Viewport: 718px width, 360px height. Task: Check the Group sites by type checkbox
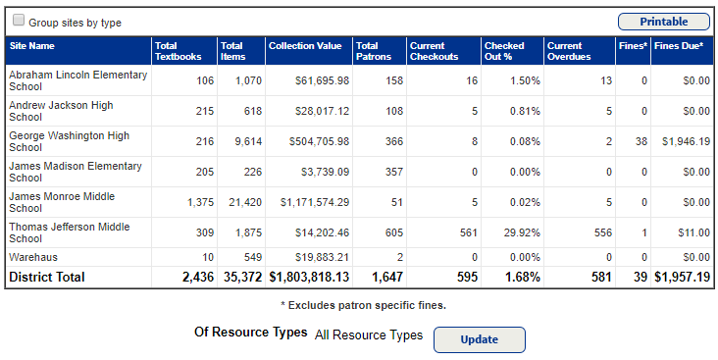tap(19, 21)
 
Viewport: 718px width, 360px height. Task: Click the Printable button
tap(663, 22)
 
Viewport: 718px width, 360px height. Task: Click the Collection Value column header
tap(305, 46)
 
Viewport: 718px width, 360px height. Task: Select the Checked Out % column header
tap(504, 51)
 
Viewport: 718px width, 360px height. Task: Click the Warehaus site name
tap(32, 257)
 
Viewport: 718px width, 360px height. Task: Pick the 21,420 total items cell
tap(243, 202)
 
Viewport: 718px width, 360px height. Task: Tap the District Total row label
tap(47, 278)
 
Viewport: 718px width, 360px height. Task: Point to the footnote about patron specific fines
tap(363, 306)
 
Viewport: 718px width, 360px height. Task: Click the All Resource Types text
tap(368, 335)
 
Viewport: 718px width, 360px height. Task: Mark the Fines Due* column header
tap(678, 46)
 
